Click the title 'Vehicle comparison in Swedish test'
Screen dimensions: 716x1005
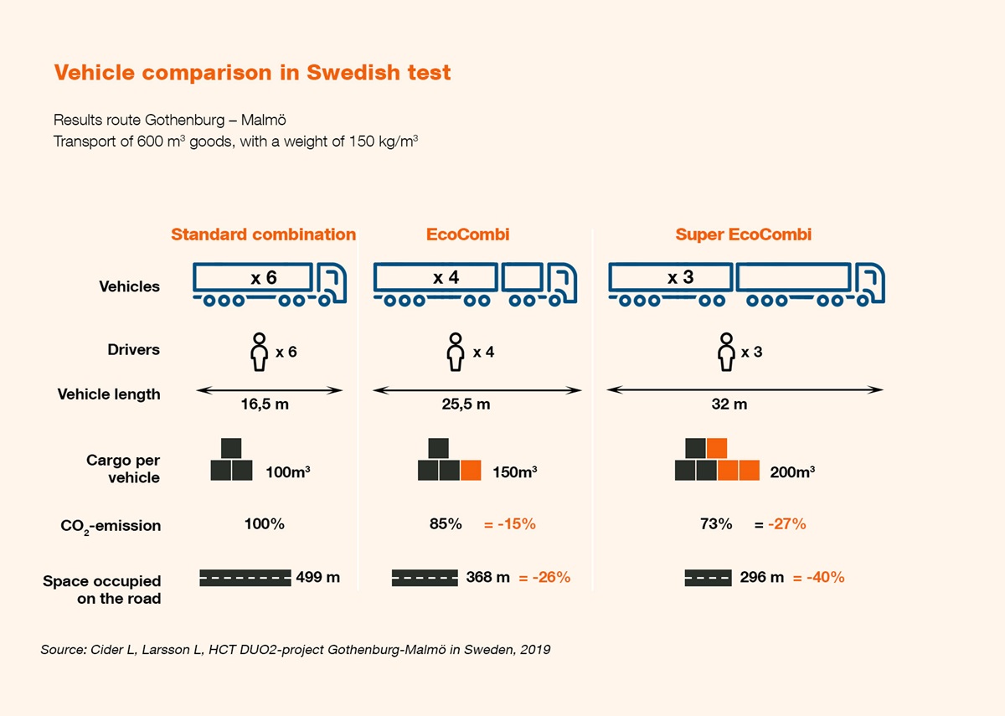[252, 73]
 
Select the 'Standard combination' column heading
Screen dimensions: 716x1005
[263, 234]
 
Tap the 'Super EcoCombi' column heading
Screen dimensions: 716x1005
[743, 234]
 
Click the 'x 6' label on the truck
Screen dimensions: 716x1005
[264, 278]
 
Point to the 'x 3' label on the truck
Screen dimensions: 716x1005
[680, 278]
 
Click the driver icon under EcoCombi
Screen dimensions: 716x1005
[455, 352]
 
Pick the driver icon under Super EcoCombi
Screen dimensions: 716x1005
[726, 352]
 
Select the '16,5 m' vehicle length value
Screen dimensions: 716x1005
[265, 404]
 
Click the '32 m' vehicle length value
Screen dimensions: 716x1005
[729, 404]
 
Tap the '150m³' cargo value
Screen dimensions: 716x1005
[514, 472]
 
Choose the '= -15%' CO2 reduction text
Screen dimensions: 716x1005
[509, 525]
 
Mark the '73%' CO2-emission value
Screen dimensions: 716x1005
[716, 524]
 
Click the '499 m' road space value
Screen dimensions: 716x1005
[318, 577]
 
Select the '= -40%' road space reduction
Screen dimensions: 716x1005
[818, 577]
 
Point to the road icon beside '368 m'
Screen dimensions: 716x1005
[425, 577]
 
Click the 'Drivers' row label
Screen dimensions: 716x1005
[133, 349]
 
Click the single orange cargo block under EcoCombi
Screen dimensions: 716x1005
[471, 470]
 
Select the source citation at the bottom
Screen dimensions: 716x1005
[296, 649]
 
